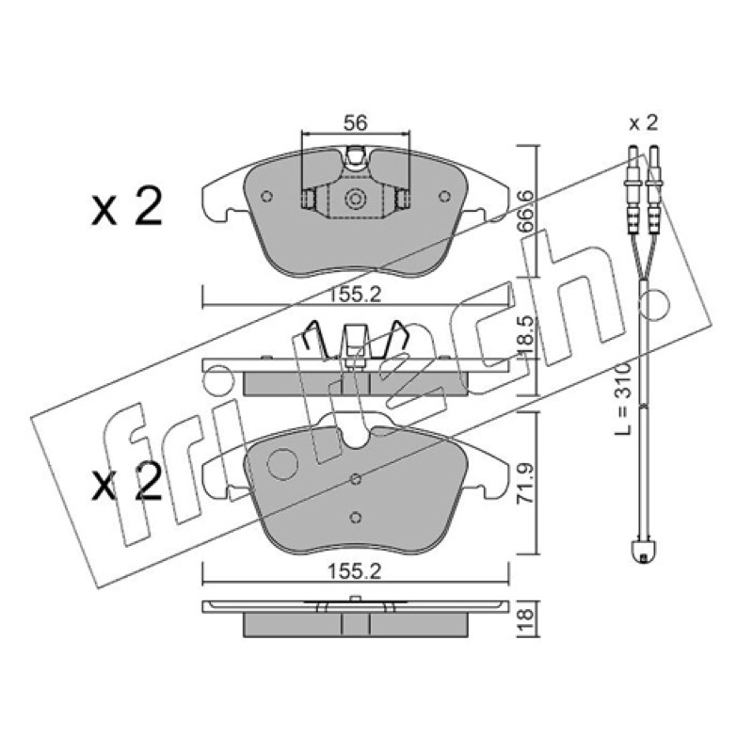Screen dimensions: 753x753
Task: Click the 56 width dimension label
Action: [x=356, y=123]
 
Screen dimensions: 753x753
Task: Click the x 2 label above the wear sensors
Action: [x=643, y=123]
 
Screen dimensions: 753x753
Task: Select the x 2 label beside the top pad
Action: [x=127, y=207]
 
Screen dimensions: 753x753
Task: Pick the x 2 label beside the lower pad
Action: [x=127, y=482]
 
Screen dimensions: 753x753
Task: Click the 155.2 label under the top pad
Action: [x=355, y=295]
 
